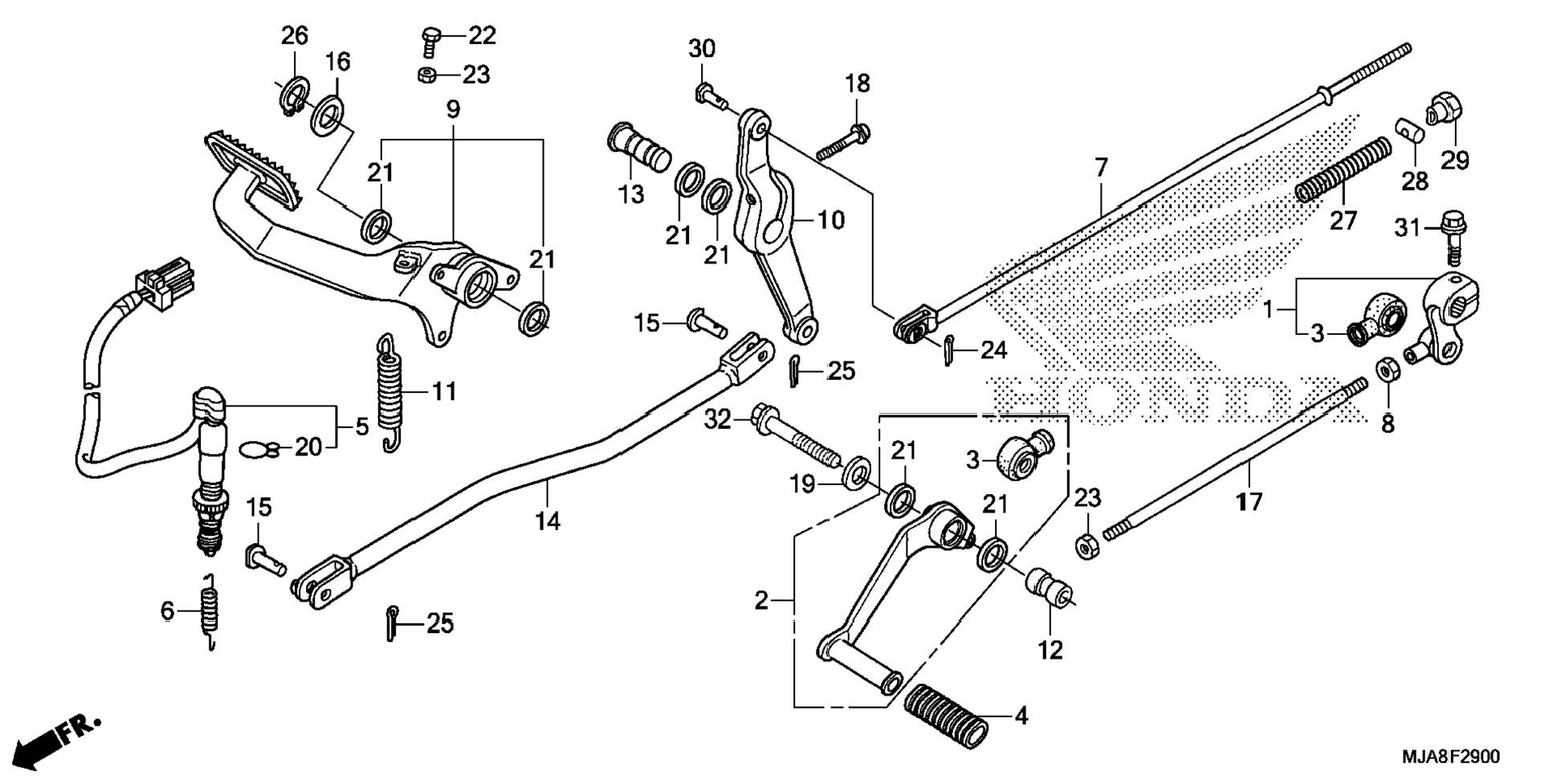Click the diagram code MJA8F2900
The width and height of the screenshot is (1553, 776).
pyautogui.click(x=1450, y=757)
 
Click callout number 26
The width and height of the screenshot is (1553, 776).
pyautogui.click(x=294, y=36)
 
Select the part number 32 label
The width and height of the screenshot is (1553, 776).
pyautogui.click(x=719, y=419)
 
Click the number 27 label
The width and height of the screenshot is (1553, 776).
pyautogui.click(x=1343, y=219)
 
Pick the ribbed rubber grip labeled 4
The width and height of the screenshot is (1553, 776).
pyautogui.click(x=946, y=715)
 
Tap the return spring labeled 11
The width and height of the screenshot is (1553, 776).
pyautogui.click(x=389, y=394)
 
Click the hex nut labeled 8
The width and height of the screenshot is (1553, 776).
pyautogui.click(x=1386, y=370)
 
